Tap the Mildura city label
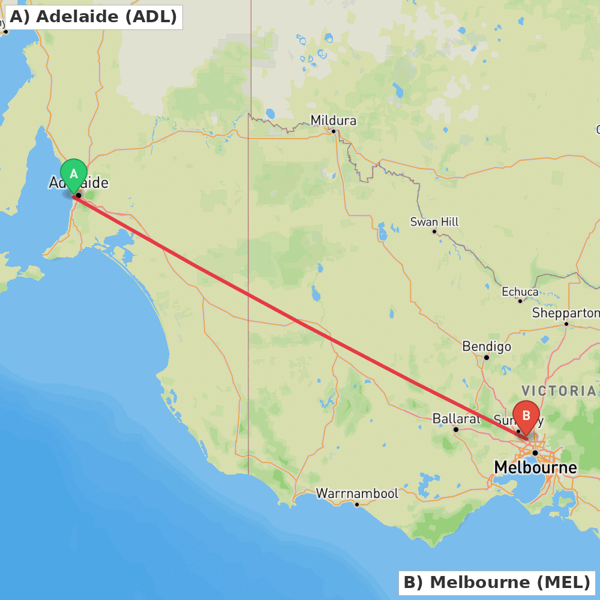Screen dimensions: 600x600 (333, 121)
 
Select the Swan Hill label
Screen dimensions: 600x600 (434, 222)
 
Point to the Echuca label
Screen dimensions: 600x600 (520, 292)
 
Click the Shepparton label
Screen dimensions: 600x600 (565, 313)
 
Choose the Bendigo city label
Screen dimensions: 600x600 (487, 347)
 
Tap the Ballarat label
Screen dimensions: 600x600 (456, 419)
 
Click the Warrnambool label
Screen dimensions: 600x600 (357, 494)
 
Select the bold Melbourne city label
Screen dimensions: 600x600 (535, 467)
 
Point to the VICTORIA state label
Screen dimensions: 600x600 (559, 391)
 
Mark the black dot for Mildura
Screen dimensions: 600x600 (334, 131)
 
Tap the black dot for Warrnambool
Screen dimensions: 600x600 (356, 504)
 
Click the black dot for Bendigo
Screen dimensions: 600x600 (487, 358)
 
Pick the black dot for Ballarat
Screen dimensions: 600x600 (456, 430)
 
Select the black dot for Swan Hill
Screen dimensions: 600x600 (434, 232)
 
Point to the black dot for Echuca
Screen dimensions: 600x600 (520, 301)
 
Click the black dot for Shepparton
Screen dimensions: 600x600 (566, 323)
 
